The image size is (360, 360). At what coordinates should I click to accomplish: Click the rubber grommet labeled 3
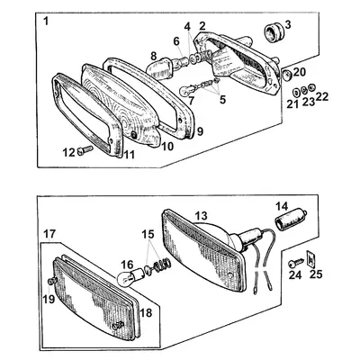point(273,32)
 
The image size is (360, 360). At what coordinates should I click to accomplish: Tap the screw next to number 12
point(85,149)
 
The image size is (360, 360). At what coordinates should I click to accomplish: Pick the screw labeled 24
point(295,264)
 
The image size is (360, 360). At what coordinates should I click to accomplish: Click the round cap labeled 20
point(288,75)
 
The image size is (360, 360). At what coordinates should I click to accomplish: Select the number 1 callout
point(46,22)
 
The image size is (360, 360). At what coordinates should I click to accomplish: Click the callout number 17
point(49,234)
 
